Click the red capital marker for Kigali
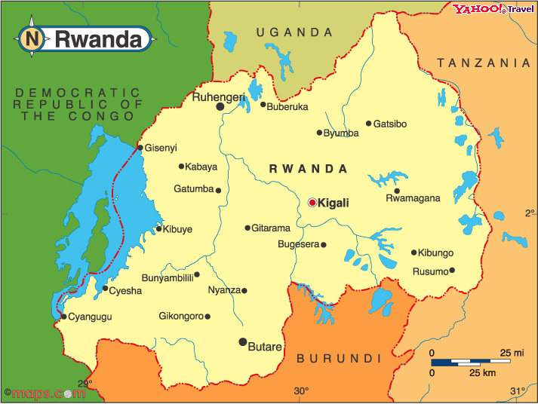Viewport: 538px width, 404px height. coord(312,202)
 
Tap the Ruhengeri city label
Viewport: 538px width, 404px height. coord(218,97)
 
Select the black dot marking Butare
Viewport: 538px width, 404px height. coord(242,341)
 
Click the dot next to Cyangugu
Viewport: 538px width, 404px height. coord(63,317)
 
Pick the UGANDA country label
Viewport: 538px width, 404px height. coord(294,32)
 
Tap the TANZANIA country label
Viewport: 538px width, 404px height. coord(484,63)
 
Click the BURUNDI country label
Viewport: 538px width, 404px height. coord(339,358)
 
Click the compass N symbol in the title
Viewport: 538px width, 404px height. coord(31,38)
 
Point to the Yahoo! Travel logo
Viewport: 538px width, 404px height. coord(492,9)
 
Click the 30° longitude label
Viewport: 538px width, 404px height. coord(301,390)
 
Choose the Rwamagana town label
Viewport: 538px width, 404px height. coord(412,199)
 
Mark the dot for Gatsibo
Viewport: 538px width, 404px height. coord(368,124)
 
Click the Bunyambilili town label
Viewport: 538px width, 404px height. coord(167,277)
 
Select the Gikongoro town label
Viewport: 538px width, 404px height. coord(181,316)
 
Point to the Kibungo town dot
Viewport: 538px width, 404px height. coord(413,252)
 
